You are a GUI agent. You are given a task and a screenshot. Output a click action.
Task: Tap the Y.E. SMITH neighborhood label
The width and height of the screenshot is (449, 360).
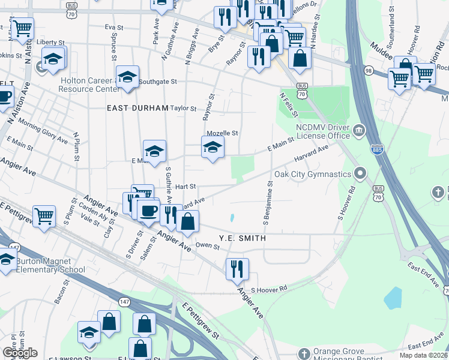[x=242, y=238]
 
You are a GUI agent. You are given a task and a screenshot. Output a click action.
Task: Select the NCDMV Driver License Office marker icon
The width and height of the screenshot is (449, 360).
[x=359, y=130]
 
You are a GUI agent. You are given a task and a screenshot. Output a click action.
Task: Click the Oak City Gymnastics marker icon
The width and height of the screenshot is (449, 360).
[x=360, y=174]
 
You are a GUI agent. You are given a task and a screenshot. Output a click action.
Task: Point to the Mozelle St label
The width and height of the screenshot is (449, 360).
[x=222, y=133]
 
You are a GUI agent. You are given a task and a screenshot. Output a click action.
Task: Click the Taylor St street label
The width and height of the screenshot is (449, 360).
[x=183, y=109]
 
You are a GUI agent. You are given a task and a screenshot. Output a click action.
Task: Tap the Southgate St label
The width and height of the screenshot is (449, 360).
[x=158, y=82]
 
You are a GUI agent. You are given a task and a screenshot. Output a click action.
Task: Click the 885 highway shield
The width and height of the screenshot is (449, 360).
[x=377, y=148]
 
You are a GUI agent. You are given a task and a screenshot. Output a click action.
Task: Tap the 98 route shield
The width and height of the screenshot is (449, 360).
[x=368, y=71]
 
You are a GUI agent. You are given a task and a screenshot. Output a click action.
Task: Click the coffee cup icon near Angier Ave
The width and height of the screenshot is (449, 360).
[x=148, y=210]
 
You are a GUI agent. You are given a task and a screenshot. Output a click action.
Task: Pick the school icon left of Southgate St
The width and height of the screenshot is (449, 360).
[x=127, y=77]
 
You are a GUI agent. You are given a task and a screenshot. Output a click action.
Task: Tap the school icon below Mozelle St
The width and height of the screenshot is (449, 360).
[x=212, y=147]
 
